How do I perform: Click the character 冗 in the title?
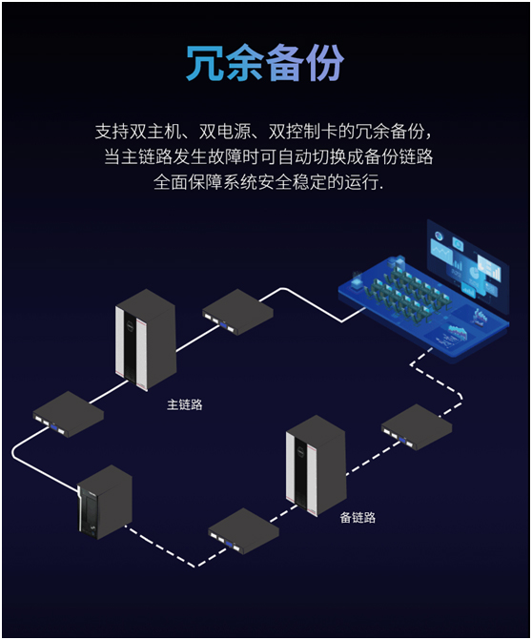205,63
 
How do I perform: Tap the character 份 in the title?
325,63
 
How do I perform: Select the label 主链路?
184,405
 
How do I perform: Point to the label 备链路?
358,518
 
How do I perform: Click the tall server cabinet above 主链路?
146,340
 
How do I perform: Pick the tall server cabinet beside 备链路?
316,465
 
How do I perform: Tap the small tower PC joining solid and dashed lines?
105,503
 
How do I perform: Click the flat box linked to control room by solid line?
237,312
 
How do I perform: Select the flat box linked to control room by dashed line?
417,427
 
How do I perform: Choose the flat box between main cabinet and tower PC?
68,414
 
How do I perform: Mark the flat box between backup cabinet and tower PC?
243,531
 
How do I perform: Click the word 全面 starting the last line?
171,182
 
